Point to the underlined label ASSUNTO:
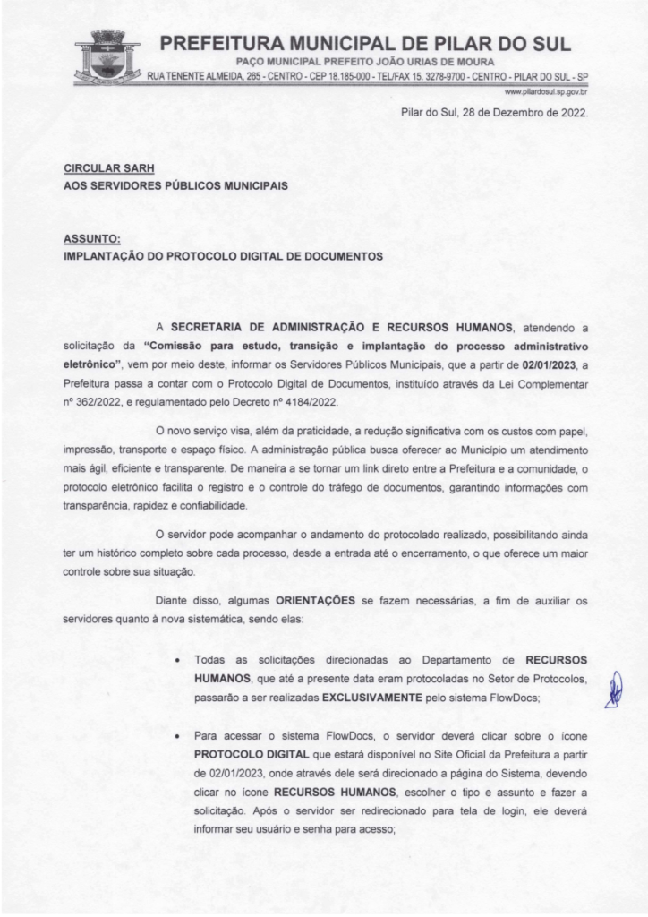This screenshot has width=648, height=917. point(92,239)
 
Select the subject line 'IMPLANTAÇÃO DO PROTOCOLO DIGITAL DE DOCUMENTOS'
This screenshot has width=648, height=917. point(224,256)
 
